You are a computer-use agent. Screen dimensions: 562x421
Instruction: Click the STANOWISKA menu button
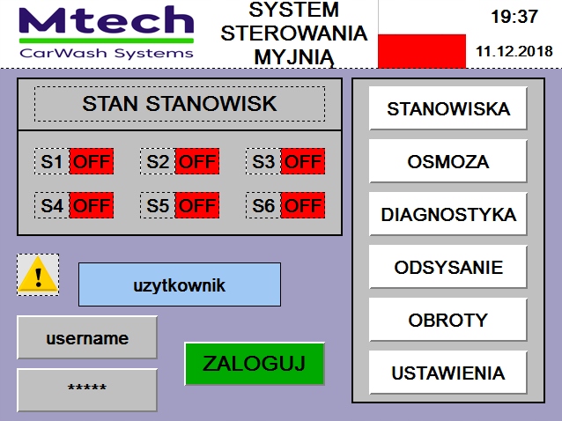point(447,109)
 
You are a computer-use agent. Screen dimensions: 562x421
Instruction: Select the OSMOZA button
point(447,162)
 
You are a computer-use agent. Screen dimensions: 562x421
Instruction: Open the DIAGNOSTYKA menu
point(447,215)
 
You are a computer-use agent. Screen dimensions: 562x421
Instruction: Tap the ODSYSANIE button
point(447,268)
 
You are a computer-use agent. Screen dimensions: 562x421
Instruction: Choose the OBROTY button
point(447,320)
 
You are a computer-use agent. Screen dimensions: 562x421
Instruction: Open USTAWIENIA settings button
point(447,373)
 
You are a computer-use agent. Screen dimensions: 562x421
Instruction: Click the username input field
point(87,338)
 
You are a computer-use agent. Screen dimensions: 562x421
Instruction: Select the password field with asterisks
point(87,389)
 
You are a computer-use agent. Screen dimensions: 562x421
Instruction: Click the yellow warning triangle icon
point(38,275)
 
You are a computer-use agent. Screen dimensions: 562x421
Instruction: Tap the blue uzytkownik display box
point(180,285)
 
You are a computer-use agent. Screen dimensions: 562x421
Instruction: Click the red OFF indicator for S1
point(92,162)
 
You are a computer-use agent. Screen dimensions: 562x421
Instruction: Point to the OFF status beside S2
point(197,162)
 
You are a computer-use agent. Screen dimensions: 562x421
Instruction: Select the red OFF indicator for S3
point(303,162)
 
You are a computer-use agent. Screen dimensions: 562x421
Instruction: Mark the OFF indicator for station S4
point(92,206)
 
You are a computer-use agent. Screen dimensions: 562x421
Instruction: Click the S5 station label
point(158,206)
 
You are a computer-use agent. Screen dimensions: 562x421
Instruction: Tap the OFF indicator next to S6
point(303,206)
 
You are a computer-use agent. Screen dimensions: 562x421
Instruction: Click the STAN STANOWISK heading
point(180,104)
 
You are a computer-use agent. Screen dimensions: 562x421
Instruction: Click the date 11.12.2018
point(514,51)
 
